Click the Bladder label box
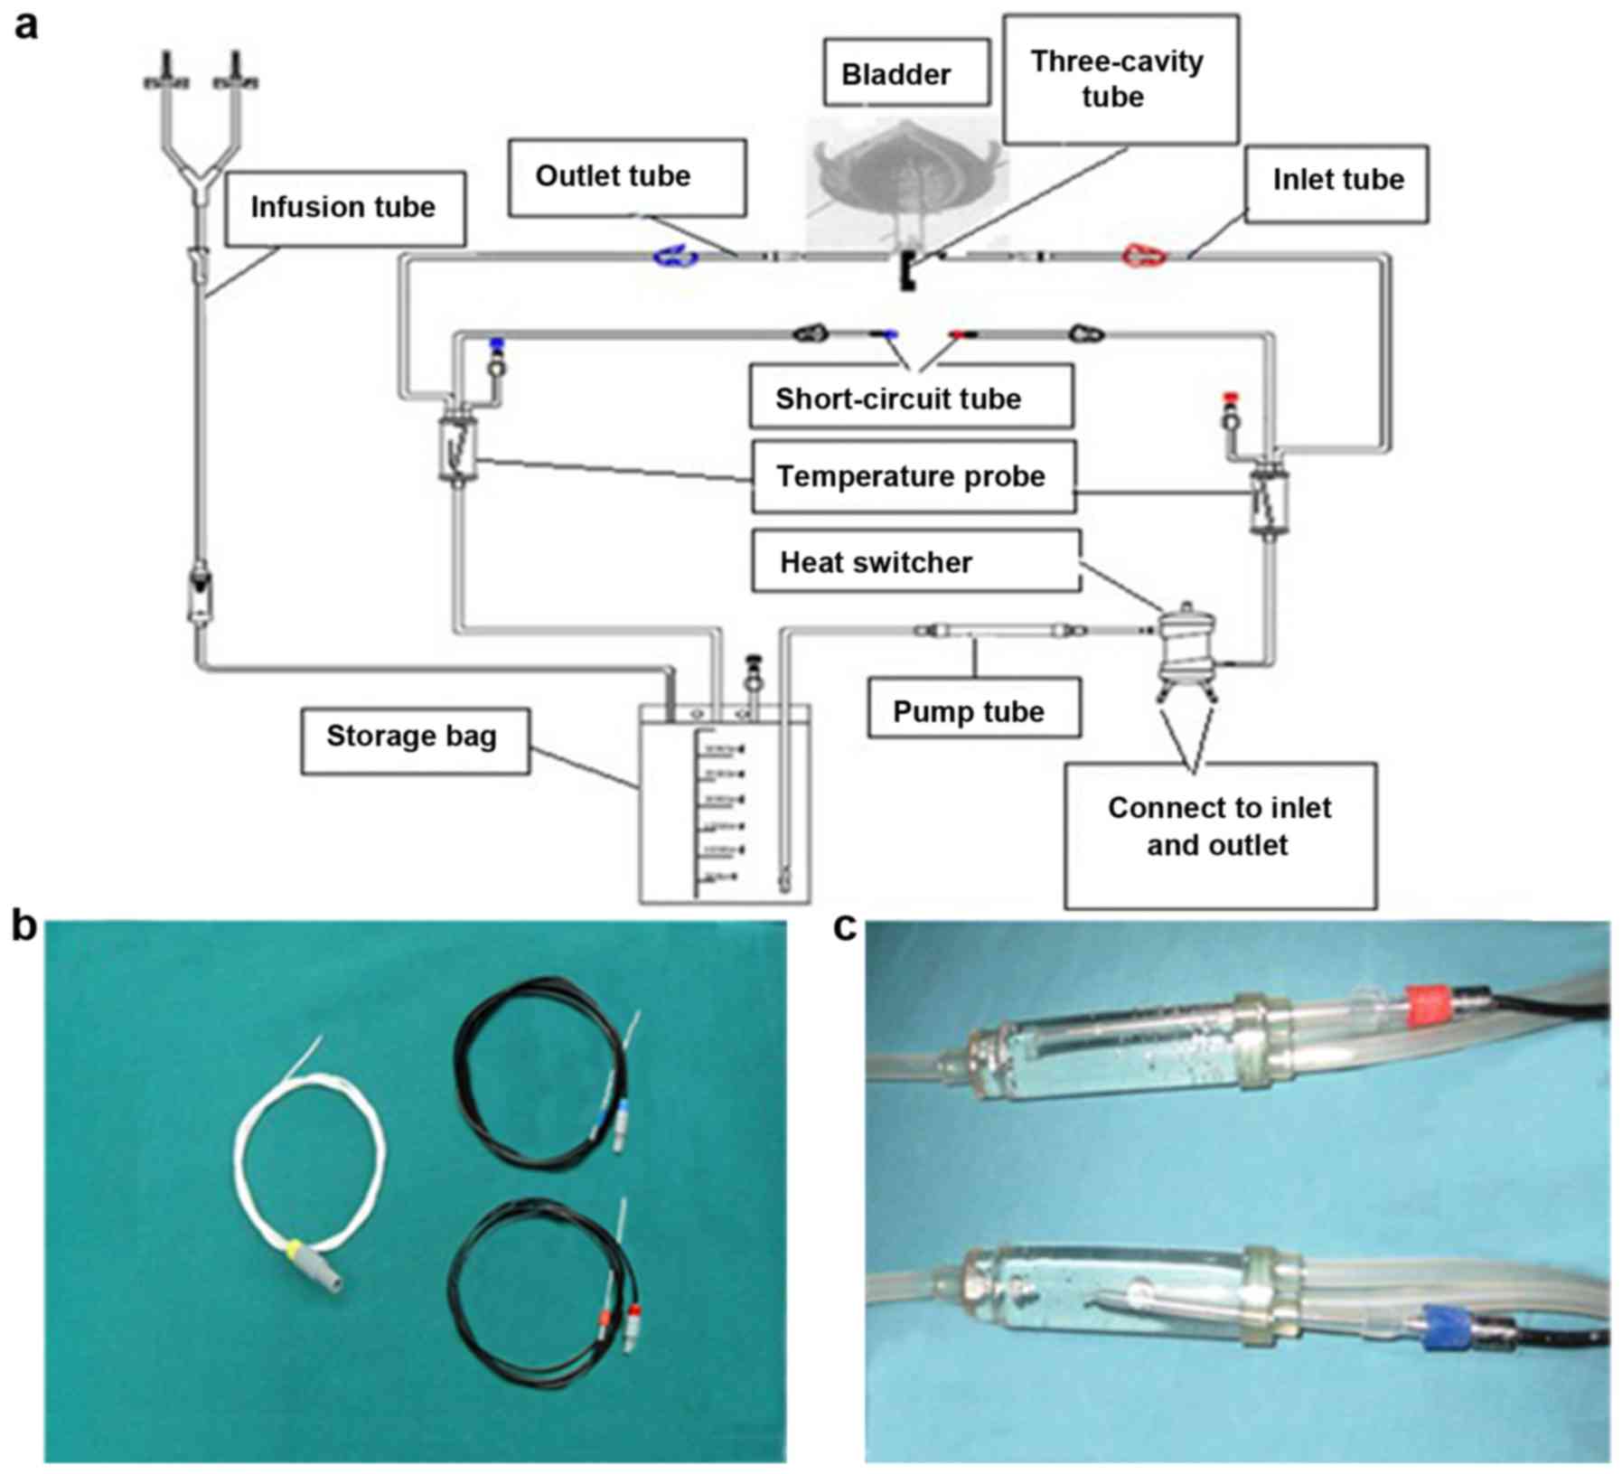(x=905, y=73)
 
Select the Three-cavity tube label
(x=1120, y=79)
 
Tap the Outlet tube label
(x=626, y=177)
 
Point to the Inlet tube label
(x=1336, y=182)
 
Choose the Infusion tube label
(x=344, y=209)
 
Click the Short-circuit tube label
(x=911, y=398)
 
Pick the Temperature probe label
(x=913, y=476)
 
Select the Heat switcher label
(x=915, y=561)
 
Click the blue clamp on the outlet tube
(x=675, y=258)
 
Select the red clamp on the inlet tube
(x=1144, y=256)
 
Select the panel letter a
(x=26, y=26)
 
